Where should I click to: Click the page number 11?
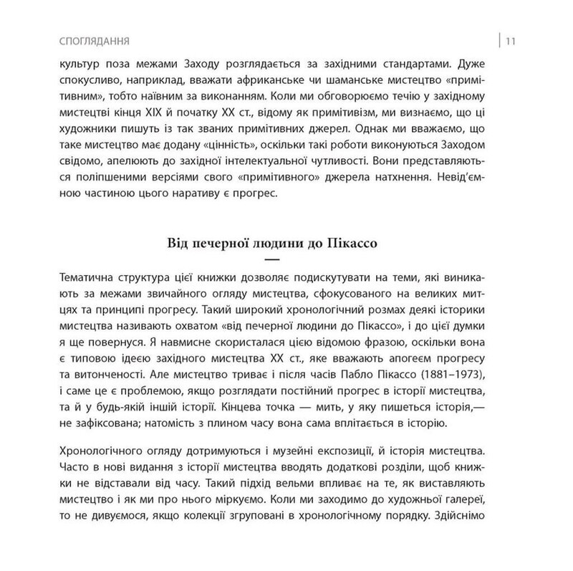coord(511,39)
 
